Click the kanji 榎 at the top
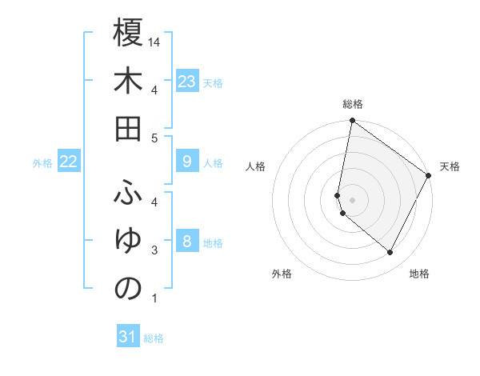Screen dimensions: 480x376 tap(128, 34)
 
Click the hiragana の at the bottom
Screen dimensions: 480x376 tap(128, 289)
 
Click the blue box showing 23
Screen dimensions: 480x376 tap(187, 81)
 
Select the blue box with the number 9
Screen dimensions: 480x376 tap(187, 162)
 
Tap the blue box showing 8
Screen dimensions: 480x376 tap(187, 241)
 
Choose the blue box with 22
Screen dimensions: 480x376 tap(69, 162)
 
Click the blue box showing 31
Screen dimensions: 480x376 tap(128, 337)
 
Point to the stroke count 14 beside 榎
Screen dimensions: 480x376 tap(155, 42)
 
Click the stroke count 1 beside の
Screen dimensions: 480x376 tap(154, 299)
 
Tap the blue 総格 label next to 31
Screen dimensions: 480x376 tap(154, 338)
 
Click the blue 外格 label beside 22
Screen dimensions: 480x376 tap(42, 163)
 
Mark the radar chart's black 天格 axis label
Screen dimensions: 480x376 tap(450, 166)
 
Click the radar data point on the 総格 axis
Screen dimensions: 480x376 tap(352, 122)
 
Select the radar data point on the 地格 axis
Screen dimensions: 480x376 tap(390, 253)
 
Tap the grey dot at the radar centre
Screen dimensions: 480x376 tap(353, 198)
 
